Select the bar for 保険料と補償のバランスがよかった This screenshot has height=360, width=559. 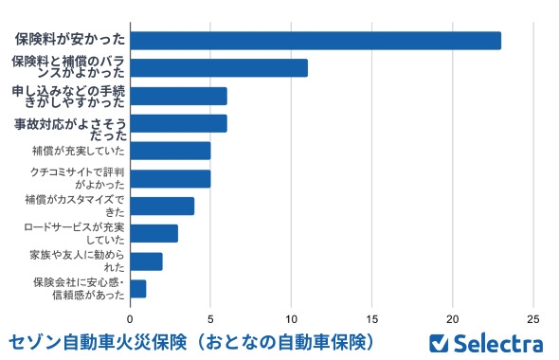tap(219, 67)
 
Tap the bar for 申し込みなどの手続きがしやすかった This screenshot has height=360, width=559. tap(178, 96)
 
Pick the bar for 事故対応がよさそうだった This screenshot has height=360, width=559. tap(178, 123)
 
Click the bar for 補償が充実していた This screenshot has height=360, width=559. tap(171, 151)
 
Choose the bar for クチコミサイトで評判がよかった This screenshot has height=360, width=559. tap(171, 178)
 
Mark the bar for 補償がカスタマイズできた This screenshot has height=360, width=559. tap(162, 206)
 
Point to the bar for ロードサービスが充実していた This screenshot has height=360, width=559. tap(154, 233)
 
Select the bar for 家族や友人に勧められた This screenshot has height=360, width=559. tap(146, 261)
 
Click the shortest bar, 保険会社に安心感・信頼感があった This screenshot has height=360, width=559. tap(138, 288)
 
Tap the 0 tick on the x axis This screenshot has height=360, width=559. tap(131, 318)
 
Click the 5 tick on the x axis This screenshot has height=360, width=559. tap(211, 318)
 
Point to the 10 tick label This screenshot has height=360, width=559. tap(292, 318)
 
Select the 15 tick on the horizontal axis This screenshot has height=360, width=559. tap(373, 318)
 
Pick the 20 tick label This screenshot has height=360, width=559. tap(454, 318)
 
